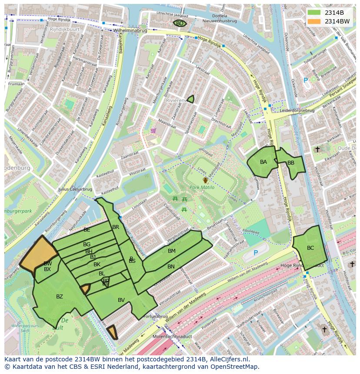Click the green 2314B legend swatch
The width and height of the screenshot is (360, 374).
click(x=313, y=13)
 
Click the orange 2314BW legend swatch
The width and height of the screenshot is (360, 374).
click(x=313, y=21)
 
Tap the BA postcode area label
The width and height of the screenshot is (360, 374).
click(x=263, y=162)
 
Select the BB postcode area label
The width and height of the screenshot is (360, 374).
click(x=291, y=163)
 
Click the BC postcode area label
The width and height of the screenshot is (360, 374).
click(x=310, y=248)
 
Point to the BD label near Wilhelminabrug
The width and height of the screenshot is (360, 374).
click(x=180, y=23)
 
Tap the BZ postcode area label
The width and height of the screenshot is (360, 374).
click(x=60, y=297)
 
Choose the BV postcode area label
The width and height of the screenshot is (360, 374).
click(x=121, y=300)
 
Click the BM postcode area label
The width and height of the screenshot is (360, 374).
click(x=172, y=251)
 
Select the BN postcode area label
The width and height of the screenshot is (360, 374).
click(x=171, y=266)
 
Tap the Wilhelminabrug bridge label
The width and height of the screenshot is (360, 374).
click(x=130, y=31)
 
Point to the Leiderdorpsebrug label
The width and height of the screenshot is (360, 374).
click(x=297, y=110)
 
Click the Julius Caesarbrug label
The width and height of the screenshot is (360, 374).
click(x=75, y=189)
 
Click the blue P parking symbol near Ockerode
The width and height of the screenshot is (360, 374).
click(x=306, y=80)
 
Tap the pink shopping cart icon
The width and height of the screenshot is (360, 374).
click(x=153, y=130)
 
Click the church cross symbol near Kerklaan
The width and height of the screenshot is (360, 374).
click(x=317, y=149)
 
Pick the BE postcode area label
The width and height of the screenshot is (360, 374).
click(x=87, y=229)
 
